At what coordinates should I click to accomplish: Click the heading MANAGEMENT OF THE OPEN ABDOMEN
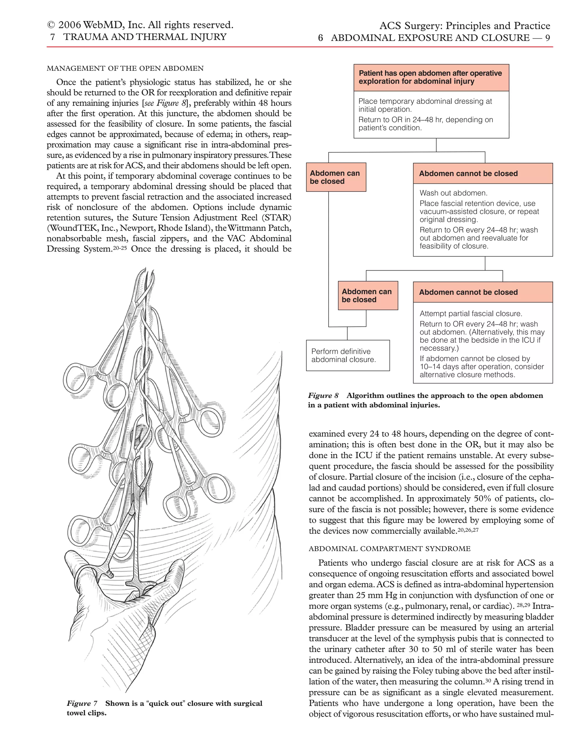[125, 68]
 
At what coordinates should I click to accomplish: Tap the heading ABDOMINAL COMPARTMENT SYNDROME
[389, 548]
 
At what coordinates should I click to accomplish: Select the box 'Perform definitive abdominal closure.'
[347, 355]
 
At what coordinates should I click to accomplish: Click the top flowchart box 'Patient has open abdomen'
[431, 77]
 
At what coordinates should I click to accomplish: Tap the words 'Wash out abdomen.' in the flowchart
[453, 193]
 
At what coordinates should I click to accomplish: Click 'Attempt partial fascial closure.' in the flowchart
[471, 314]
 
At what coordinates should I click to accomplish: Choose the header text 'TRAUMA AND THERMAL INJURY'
[145, 37]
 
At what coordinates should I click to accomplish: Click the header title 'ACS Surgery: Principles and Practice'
[464, 26]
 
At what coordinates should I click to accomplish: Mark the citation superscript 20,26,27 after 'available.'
[468, 530]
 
